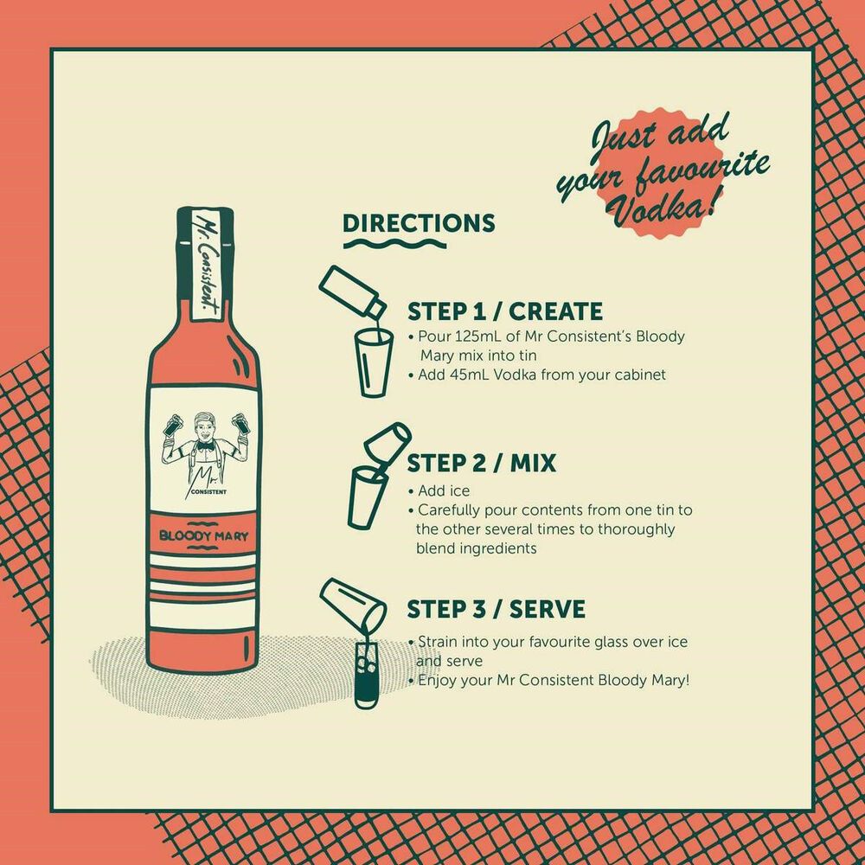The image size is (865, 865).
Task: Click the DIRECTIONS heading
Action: (x=419, y=223)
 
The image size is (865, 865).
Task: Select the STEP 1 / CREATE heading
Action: (x=505, y=311)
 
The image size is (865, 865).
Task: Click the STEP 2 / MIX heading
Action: (x=481, y=463)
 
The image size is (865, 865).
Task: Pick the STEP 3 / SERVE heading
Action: (x=496, y=609)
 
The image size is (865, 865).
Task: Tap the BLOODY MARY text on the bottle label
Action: (x=203, y=535)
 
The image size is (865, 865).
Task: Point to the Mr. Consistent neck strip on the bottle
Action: (x=204, y=264)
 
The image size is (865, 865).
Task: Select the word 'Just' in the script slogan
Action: (x=621, y=140)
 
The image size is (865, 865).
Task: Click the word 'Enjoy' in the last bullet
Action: (x=437, y=680)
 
